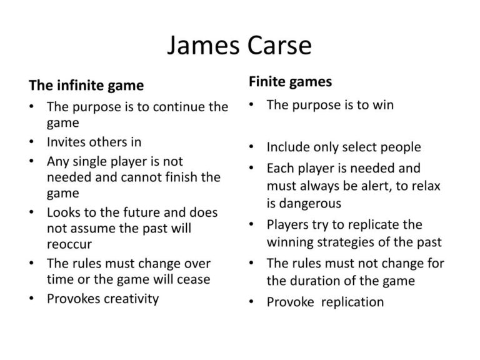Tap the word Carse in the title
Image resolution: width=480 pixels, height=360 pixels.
coord(279,45)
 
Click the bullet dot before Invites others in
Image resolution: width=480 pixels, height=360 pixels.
coord(31,142)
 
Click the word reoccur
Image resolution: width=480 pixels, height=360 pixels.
coord(69,244)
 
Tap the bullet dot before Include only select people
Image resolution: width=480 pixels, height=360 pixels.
coord(251,147)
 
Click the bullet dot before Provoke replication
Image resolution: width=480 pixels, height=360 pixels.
coord(251,302)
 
